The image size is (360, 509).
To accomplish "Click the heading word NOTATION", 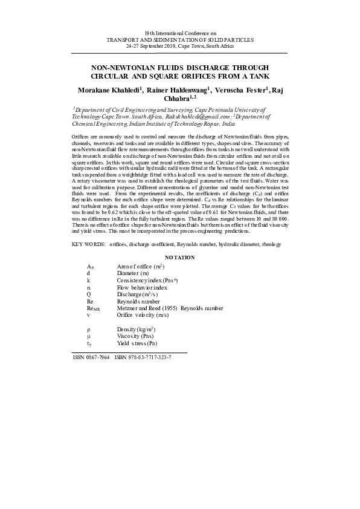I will (180, 258).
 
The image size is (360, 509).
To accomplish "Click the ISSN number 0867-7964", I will (98, 357).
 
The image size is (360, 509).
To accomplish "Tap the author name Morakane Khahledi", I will (110, 89).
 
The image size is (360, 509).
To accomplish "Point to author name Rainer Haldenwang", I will (178, 89).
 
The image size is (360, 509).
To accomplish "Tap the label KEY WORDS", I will (87, 244).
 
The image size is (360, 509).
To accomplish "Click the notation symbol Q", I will (89, 294).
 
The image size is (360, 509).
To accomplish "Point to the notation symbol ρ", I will (89, 328).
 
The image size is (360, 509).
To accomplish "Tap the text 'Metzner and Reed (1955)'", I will (147, 308).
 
